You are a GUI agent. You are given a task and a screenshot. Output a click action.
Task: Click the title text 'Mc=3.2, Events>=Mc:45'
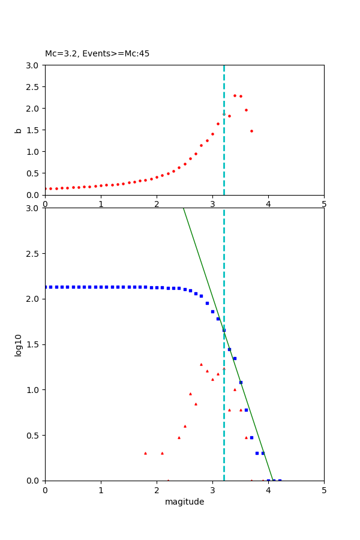97,54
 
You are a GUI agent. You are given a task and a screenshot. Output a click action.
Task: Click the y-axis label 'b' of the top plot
19,130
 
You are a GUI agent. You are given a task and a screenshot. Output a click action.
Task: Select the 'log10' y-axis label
19,345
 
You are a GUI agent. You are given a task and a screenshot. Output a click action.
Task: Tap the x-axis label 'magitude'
184,502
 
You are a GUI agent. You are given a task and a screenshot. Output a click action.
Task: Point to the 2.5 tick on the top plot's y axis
34,86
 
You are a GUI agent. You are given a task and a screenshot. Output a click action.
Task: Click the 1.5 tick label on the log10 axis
34,344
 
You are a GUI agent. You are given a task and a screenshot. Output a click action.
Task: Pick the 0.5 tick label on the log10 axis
34,435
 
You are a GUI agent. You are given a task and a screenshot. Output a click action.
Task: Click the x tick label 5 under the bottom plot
324,490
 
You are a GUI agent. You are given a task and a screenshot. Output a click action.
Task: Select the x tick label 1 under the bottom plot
101,490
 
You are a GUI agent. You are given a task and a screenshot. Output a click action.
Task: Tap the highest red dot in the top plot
235,95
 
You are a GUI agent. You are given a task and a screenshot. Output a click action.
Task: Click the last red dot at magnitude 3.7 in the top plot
251,131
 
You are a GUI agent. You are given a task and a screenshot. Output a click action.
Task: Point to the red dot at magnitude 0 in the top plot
46,188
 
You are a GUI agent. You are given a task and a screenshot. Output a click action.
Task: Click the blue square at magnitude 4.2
280,480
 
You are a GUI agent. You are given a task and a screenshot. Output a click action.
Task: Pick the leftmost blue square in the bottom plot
46,287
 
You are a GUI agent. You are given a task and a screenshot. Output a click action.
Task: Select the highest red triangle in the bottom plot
201,364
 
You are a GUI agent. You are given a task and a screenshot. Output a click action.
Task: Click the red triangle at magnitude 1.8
145,453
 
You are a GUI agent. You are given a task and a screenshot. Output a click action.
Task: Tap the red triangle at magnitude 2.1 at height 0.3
162,453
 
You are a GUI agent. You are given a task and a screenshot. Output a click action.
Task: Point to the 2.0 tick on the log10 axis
34,299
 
